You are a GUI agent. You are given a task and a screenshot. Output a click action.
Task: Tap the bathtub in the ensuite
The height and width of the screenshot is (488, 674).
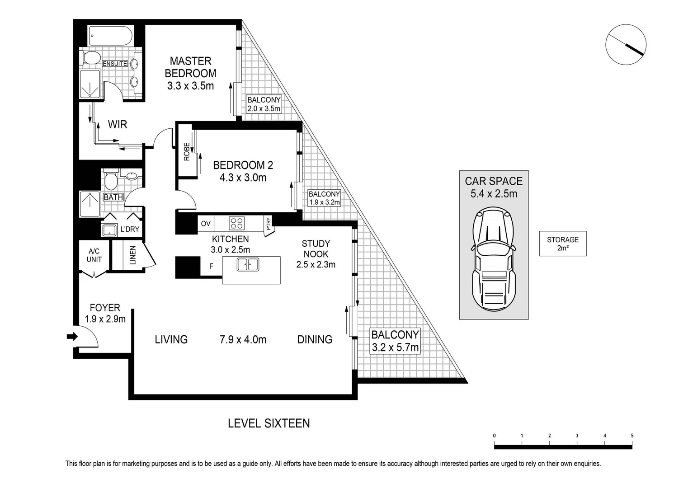[x=110, y=35]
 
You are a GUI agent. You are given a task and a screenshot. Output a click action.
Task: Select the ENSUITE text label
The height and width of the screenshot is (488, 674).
[x=115, y=64]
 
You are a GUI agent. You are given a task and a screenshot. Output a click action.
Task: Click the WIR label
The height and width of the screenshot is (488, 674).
[x=118, y=124]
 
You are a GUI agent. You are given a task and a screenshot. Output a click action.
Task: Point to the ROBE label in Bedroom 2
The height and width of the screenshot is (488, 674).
[x=187, y=152]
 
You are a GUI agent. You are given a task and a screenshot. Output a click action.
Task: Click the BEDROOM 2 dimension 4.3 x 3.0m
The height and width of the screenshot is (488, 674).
[x=243, y=178]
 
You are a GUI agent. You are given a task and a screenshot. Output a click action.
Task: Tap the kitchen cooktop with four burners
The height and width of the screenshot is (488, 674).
[x=236, y=223]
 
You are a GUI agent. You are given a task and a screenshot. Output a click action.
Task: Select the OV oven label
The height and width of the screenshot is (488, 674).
[x=206, y=224]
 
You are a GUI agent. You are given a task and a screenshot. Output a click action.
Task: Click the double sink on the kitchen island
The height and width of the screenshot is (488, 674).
[x=248, y=264]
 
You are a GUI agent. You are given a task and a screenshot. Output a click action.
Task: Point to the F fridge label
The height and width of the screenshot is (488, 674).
[x=211, y=267]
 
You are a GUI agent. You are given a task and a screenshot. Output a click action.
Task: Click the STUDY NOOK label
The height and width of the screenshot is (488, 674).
[x=316, y=249]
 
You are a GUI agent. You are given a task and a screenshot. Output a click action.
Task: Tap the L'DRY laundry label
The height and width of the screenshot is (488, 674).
[x=130, y=229]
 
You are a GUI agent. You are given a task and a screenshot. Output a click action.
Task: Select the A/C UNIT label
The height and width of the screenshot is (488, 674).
[x=94, y=255]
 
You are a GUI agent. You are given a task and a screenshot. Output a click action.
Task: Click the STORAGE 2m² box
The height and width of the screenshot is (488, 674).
[x=562, y=244]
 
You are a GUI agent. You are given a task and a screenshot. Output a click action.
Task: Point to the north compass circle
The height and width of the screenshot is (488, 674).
[x=626, y=44]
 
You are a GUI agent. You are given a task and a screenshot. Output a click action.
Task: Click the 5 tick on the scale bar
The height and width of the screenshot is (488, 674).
[x=632, y=436]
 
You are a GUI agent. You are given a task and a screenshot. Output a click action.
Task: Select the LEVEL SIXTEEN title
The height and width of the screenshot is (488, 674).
[x=269, y=423]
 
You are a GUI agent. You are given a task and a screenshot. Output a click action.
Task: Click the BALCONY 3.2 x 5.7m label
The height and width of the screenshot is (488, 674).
[x=395, y=341]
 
